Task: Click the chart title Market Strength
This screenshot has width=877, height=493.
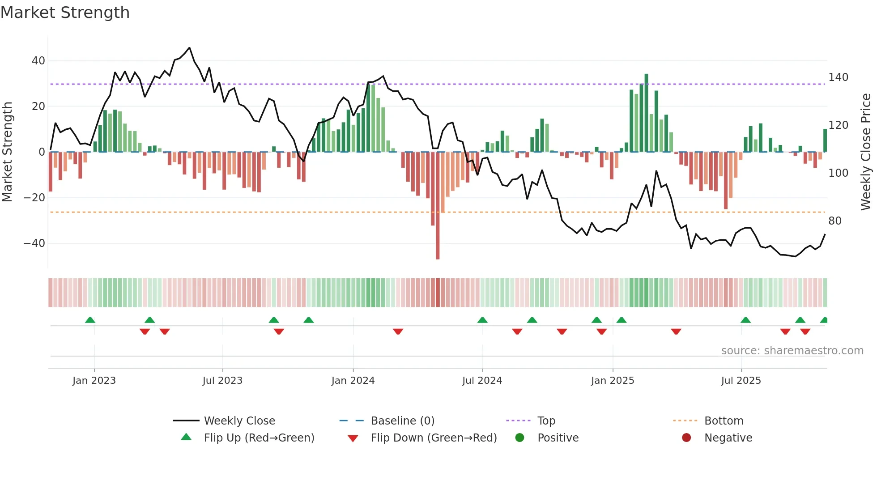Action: point(65,13)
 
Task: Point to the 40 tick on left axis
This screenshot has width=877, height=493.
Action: point(38,60)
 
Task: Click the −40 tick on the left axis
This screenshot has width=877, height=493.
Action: point(34,243)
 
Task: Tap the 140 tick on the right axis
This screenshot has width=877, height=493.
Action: point(838,77)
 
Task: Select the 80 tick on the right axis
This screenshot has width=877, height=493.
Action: point(834,221)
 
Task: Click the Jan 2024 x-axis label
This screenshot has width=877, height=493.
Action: point(353,381)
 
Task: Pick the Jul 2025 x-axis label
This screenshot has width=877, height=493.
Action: point(741,381)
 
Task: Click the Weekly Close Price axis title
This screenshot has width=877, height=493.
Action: point(866,152)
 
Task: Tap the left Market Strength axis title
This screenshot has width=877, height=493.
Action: point(8,152)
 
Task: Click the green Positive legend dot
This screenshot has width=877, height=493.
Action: point(519,438)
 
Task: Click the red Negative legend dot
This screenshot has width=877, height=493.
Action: point(686,438)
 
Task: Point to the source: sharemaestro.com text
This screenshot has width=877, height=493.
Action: point(792,351)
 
